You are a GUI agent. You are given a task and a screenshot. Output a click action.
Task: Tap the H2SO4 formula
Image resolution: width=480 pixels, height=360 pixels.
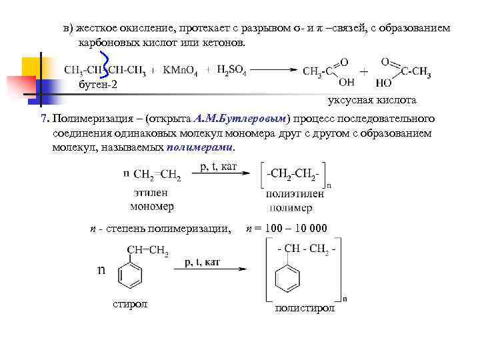(x=232, y=69)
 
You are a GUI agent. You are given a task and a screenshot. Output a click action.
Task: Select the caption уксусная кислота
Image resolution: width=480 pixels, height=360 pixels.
(x=372, y=101)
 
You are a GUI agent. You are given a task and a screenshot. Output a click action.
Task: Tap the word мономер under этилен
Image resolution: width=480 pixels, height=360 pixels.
(x=152, y=206)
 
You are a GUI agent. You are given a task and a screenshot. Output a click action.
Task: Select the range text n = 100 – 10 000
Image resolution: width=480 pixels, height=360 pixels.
(x=287, y=229)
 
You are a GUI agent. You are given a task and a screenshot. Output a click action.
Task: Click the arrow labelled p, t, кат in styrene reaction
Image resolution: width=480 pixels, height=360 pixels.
(x=212, y=270)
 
